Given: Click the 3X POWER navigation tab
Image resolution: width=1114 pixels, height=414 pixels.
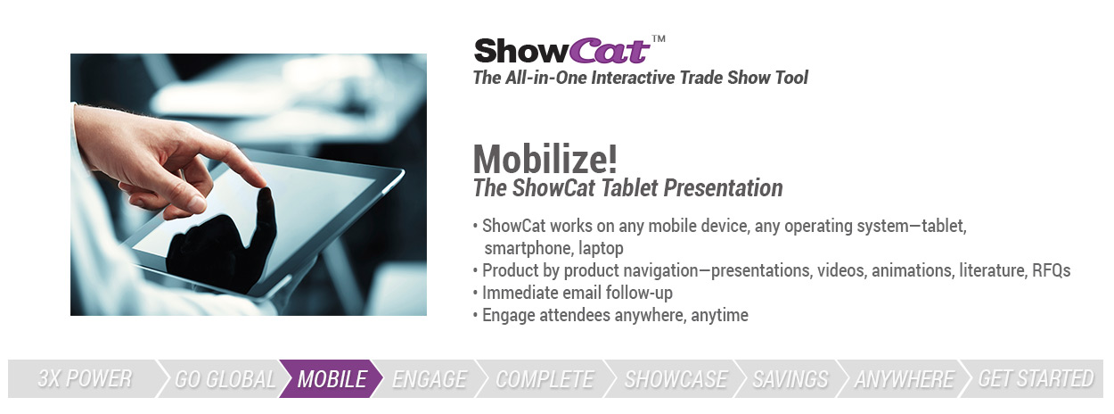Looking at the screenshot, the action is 85,378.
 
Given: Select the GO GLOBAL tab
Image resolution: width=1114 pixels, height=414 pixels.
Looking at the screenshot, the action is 224,378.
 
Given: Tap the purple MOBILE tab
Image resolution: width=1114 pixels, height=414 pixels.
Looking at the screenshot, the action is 332,378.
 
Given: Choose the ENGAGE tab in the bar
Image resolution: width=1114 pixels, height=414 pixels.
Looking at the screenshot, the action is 430,378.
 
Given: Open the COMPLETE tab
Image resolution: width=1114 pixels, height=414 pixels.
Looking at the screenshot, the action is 545,378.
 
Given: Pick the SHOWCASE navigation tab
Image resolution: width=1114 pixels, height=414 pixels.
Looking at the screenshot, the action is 676,378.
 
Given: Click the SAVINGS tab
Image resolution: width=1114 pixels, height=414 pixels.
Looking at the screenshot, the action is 790,378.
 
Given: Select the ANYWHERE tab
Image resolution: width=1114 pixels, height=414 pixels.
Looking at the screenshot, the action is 905,378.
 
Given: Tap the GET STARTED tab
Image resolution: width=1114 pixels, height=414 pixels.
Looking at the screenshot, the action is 1036,378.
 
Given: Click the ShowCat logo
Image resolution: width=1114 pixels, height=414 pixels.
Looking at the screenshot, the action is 562,51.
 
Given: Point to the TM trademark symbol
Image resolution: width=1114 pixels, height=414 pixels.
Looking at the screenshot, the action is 659,38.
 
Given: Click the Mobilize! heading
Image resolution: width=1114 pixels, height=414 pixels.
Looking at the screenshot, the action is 545,159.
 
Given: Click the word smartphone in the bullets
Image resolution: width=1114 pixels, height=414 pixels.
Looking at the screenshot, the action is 528,248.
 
